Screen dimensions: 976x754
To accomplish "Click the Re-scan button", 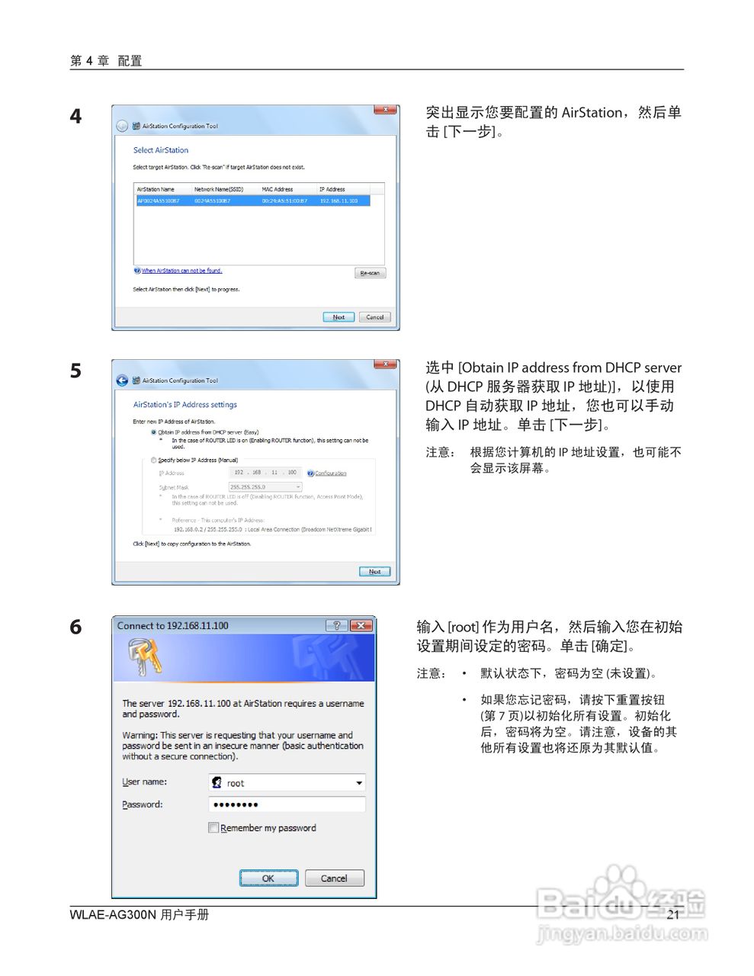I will [370, 273].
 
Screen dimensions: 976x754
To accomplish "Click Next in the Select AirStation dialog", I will [338, 317].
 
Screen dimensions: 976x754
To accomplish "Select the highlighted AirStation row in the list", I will [252, 201].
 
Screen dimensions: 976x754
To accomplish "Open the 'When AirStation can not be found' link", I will [181, 271].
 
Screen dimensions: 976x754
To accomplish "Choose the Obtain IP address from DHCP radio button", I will [154, 432].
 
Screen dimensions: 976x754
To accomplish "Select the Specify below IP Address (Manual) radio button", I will [154, 461].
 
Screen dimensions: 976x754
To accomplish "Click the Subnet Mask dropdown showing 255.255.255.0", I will [265, 486].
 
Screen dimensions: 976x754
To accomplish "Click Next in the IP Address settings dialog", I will [374, 571].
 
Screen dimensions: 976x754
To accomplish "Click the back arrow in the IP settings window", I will [122, 380].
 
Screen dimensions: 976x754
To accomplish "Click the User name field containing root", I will [287, 783].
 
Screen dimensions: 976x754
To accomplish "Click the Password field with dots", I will [287, 804].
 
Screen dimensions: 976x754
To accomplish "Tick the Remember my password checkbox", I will [213, 828].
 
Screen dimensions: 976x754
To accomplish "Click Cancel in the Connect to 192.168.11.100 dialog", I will [334, 878].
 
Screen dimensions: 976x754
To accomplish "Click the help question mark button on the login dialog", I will [336, 626].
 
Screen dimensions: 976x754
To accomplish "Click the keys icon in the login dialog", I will [145, 657].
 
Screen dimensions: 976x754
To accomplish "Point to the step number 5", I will [75, 371].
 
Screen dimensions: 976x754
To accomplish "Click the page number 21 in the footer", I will [672, 915].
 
